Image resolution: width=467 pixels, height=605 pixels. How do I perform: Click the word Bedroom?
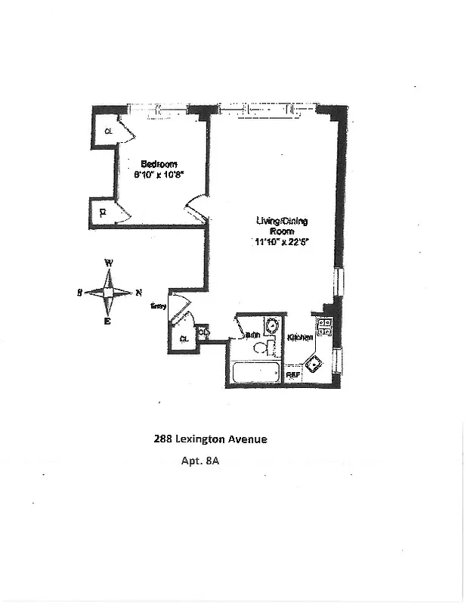(x=159, y=164)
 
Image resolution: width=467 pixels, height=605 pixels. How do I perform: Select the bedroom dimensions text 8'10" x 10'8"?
(x=159, y=175)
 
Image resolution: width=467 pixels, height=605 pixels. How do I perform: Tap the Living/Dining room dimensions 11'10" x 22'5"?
(x=281, y=242)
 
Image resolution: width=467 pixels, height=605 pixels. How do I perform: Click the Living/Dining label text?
(x=281, y=221)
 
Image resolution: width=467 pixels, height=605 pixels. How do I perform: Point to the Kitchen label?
(x=300, y=337)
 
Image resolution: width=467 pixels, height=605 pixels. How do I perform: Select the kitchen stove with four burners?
(x=326, y=327)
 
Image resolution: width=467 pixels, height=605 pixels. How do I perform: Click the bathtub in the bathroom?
(x=255, y=374)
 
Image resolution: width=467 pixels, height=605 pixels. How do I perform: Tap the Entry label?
(x=158, y=306)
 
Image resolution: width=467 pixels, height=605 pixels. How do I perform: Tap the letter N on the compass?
(x=138, y=293)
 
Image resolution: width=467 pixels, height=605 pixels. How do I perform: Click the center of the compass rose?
(x=108, y=293)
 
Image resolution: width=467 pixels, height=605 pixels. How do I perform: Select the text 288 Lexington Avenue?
(x=210, y=438)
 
